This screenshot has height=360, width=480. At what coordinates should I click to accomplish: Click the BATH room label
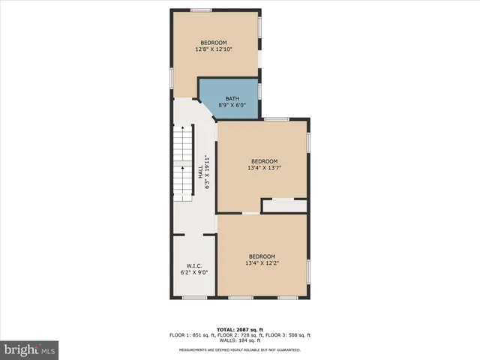point(232,98)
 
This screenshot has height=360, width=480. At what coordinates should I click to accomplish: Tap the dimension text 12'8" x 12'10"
point(214,49)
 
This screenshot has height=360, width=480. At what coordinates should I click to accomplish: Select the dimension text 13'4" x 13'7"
point(264,168)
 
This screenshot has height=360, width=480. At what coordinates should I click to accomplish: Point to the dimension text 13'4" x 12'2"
point(262,263)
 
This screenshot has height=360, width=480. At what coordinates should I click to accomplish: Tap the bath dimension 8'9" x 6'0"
point(232,106)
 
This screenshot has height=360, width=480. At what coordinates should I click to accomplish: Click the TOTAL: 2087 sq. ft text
point(240,329)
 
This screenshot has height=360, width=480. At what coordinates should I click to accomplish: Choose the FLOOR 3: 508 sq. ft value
point(287,334)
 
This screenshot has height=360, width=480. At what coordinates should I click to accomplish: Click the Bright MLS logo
point(30,349)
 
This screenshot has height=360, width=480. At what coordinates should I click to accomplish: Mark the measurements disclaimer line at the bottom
point(240,349)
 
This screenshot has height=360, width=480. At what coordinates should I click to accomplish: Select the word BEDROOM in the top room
point(214,43)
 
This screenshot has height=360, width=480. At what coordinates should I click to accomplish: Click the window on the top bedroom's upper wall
point(200,10)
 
